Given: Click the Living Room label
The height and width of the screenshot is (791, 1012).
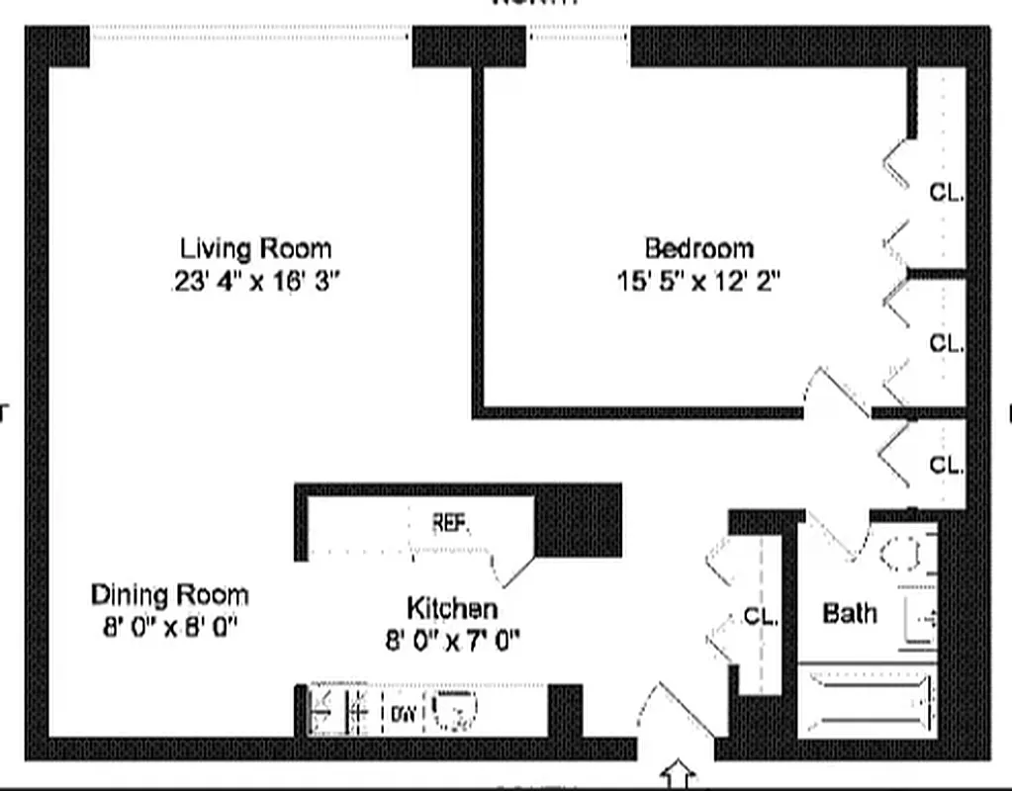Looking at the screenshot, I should [255, 248].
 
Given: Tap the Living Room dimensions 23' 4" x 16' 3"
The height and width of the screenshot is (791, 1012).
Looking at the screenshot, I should [255, 282].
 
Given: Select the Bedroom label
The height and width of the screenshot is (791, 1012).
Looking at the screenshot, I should [698, 248].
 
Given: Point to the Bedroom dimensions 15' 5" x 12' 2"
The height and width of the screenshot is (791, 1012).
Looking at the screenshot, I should [698, 282].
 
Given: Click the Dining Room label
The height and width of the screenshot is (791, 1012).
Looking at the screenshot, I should [169, 595].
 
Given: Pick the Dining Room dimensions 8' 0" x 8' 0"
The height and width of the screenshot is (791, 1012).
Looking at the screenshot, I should [169, 628].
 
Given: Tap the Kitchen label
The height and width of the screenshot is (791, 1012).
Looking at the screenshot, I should [452, 607].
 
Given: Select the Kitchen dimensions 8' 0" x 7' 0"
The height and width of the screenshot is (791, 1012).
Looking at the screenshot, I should [452, 641].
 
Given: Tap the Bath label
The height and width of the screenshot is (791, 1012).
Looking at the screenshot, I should [850, 614].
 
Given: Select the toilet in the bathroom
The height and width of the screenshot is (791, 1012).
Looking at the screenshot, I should [905, 553].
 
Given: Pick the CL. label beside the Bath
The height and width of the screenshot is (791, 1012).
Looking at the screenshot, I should [761, 617].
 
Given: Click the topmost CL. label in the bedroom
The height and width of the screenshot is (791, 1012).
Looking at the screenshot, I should [946, 192].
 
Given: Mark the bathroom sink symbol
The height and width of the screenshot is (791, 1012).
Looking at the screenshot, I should [921, 618].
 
